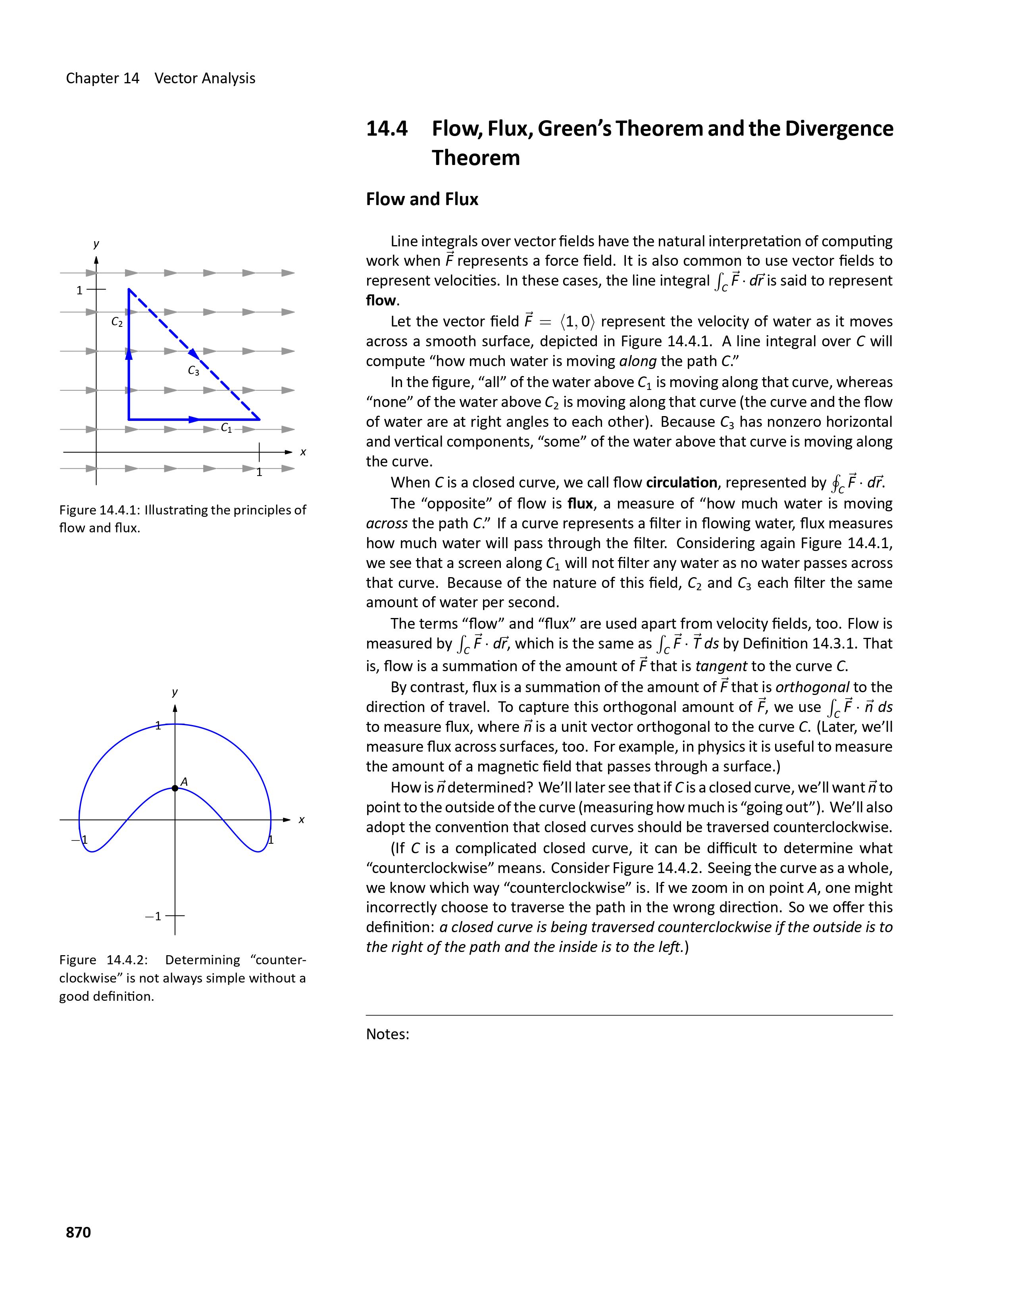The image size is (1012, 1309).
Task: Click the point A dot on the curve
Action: point(175,788)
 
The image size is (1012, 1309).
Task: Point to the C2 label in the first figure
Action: point(117,322)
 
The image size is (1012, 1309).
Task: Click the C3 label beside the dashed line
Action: point(193,371)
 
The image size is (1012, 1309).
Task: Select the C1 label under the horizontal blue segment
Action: point(226,428)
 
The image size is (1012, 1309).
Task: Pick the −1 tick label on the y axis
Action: point(154,916)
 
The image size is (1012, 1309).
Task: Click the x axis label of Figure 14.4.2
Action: point(302,820)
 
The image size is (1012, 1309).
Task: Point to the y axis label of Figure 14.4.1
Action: point(96,244)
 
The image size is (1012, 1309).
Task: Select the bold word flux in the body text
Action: point(580,503)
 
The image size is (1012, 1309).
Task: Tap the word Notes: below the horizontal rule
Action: point(387,1035)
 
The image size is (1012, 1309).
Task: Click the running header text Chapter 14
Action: point(102,79)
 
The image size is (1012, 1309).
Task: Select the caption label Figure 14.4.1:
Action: point(100,510)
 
